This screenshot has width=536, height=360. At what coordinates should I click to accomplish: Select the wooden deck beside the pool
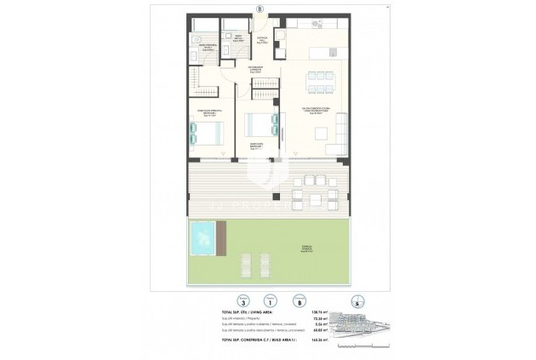tap(223, 238)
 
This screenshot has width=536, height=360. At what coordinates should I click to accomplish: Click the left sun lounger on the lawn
tap(211, 269)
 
